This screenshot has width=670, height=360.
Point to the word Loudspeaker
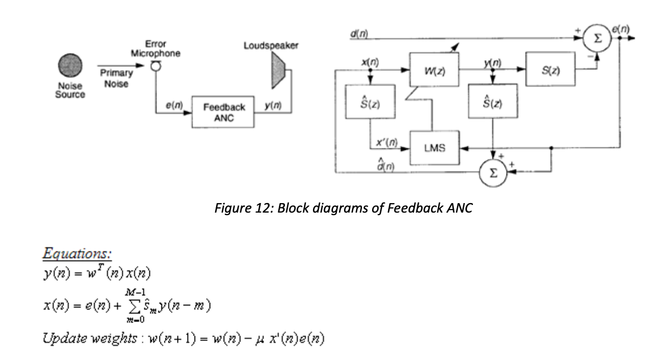[271, 46]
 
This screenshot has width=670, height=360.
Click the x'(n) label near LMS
[387, 143]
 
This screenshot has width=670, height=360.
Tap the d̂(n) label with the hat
[387, 164]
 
